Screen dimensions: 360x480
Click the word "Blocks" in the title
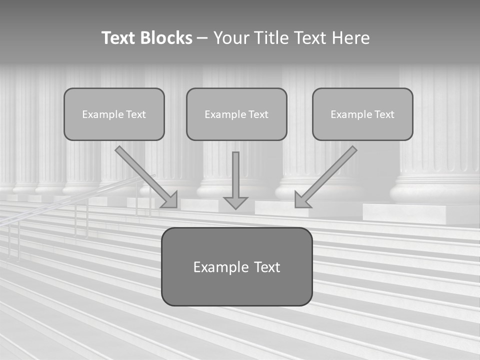pos(166,38)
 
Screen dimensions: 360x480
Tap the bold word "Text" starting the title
pos(119,38)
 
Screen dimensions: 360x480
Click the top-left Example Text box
pos(114,114)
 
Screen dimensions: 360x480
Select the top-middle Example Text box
pos(236,114)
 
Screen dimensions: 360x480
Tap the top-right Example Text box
pos(362,114)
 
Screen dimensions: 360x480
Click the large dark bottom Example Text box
pos(236,266)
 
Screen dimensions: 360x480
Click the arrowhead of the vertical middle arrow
pos(236,202)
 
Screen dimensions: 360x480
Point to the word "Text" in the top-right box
pos(384,114)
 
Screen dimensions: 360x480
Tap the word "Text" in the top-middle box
pos(258,114)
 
